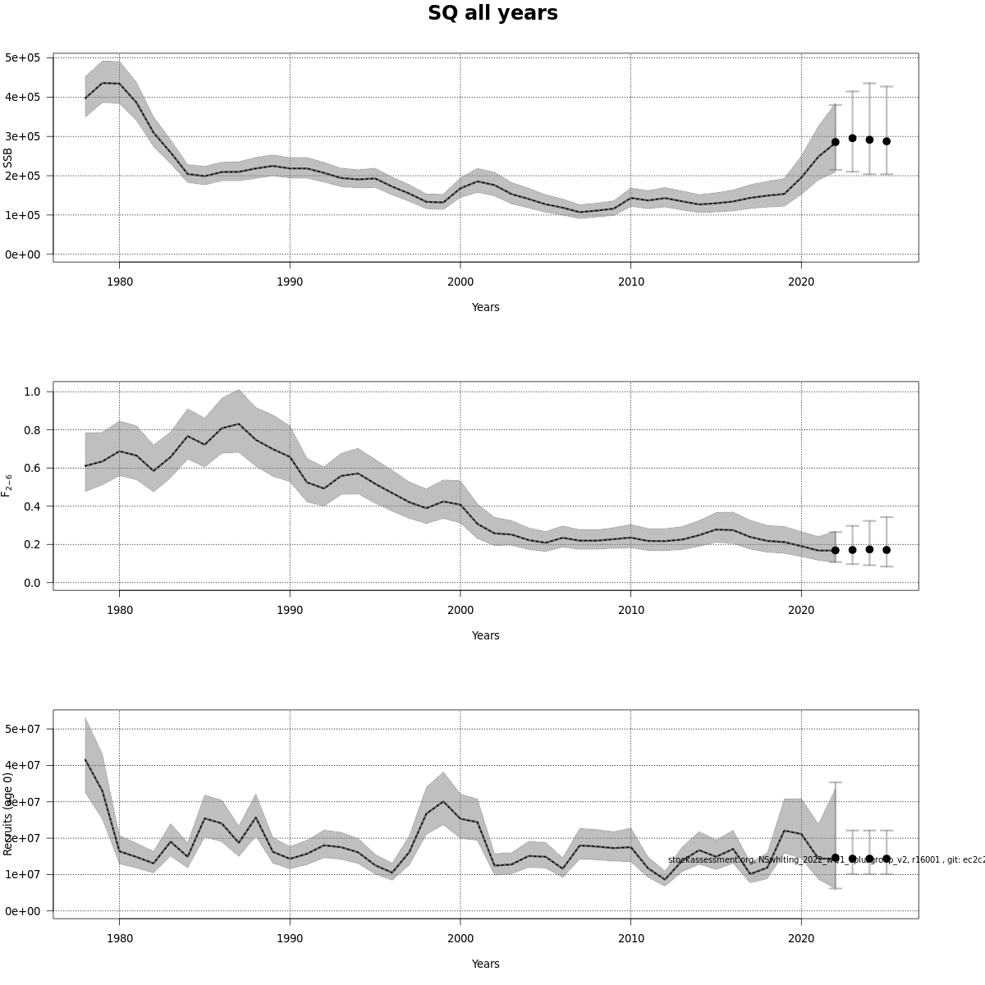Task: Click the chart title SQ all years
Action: tap(492, 14)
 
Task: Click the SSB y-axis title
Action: tap(8, 158)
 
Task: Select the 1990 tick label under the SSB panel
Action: tap(290, 282)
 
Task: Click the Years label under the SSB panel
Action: tap(485, 307)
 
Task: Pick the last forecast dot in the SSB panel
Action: tap(886, 141)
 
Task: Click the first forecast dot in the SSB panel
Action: tap(836, 142)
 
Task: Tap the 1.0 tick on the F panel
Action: tap(32, 392)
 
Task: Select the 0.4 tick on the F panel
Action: tap(32, 506)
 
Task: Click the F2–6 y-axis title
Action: tap(7, 484)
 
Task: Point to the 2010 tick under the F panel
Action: tap(630, 610)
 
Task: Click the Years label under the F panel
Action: tap(485, 635)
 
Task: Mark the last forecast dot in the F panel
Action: tap(886, 550)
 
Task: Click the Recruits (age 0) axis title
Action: tap(8, 813)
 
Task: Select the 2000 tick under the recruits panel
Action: tap(460, 938)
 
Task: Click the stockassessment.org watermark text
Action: tap(825, 859)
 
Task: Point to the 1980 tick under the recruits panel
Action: tap(119, 938)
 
